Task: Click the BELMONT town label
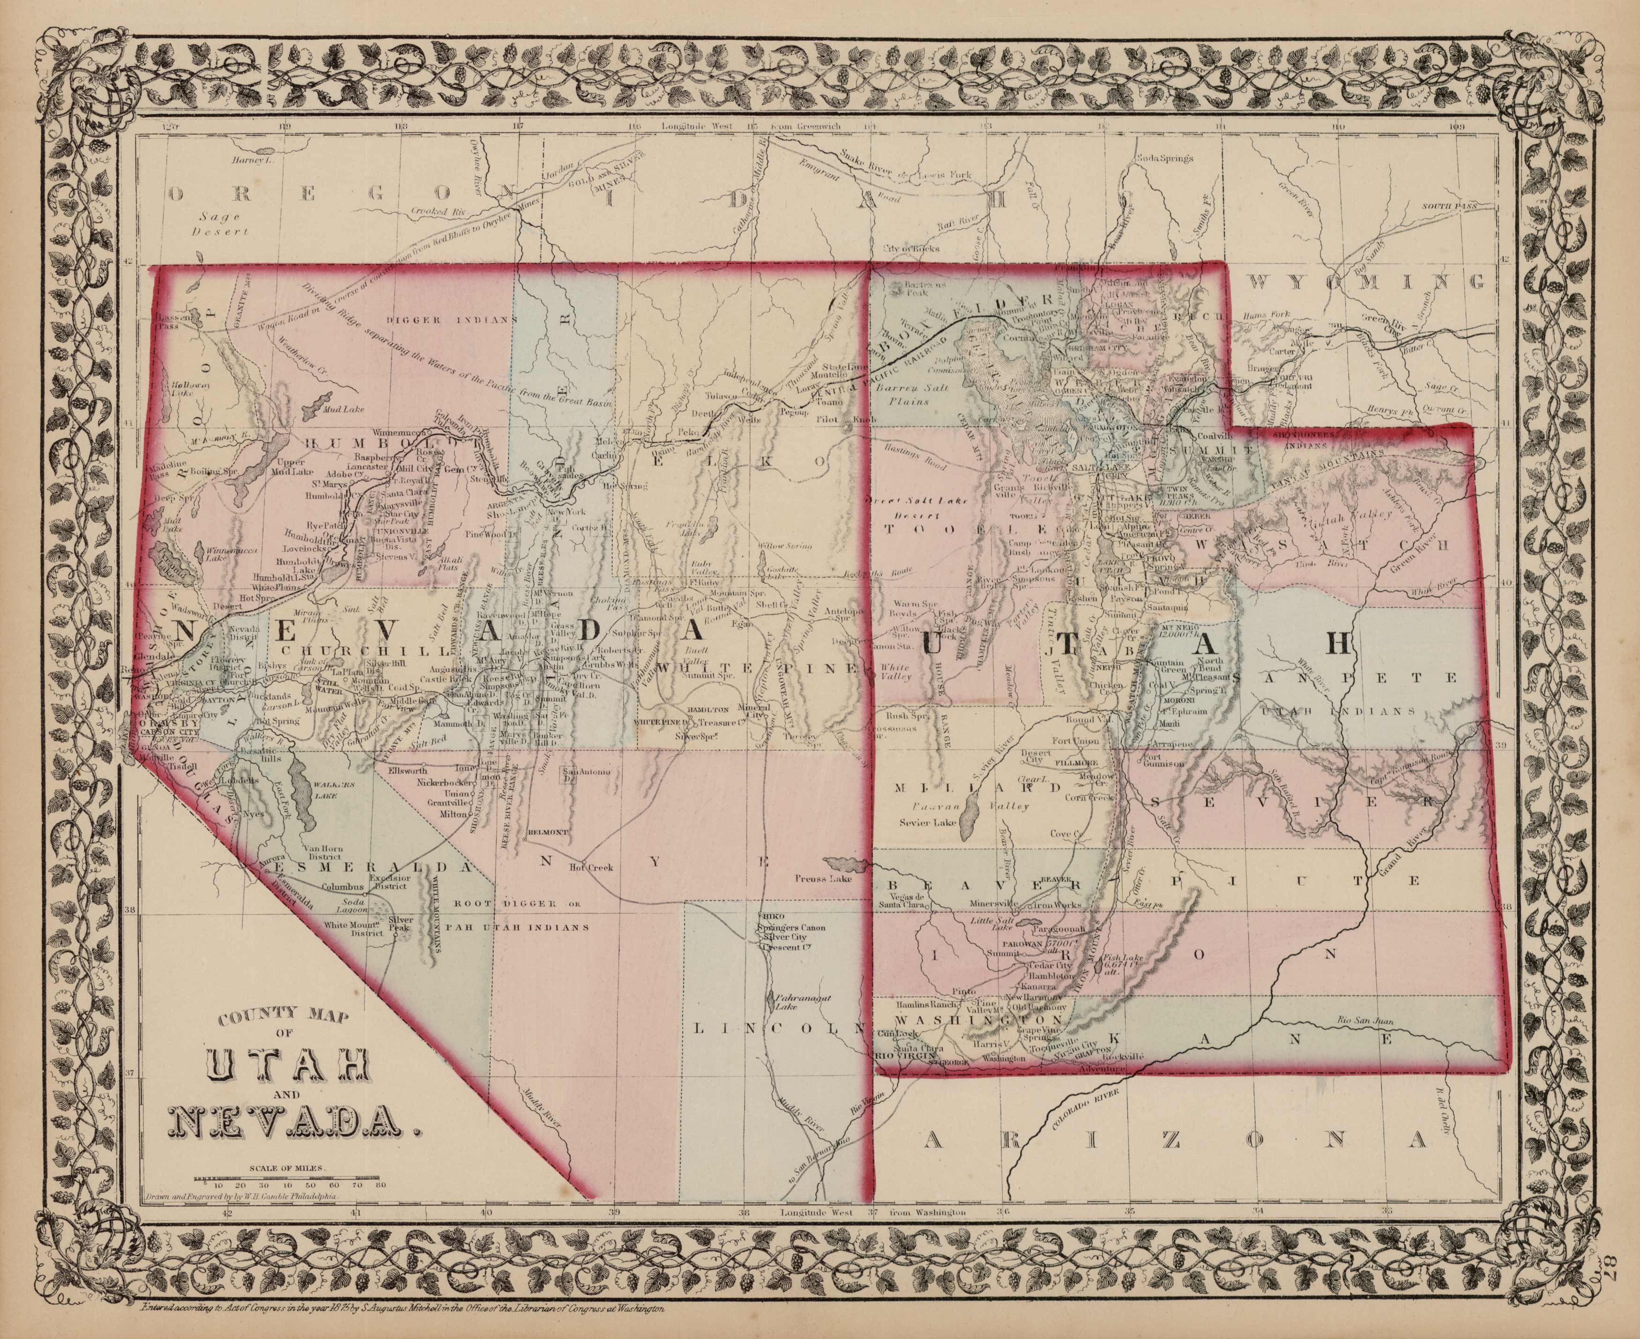pyautogui.click(x=547, y=833)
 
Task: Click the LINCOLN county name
pyautogui.click(x=775, y=1028)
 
